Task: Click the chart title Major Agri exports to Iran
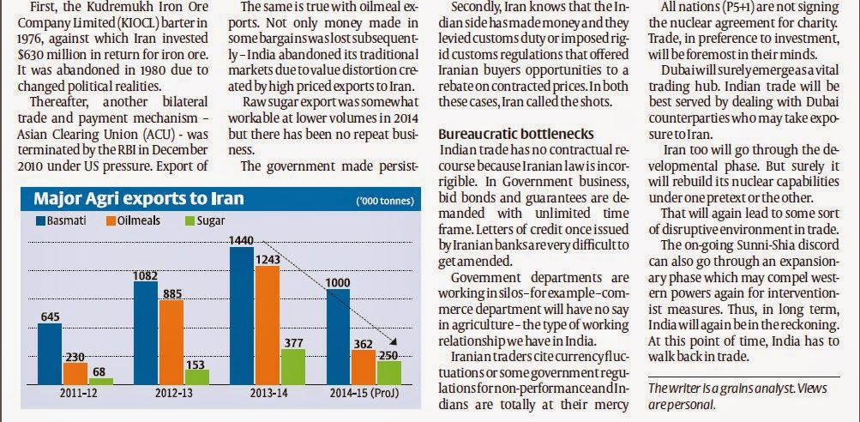pos(138,199)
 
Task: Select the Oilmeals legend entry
pos(131,223)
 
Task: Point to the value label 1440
pos(241,241)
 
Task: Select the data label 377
pos(292,342)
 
